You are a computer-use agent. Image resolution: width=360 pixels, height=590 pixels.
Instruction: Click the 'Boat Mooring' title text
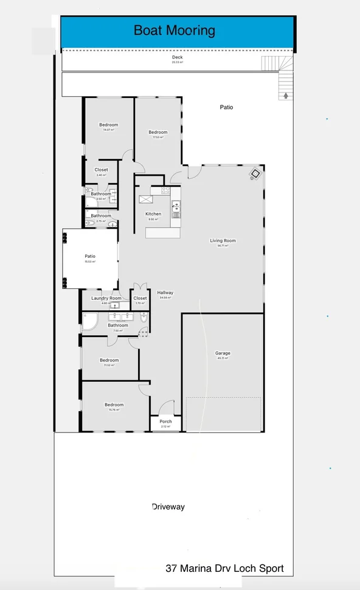(x=174, y=30)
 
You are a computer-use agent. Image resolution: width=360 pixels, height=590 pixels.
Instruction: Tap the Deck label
(x=177, y=58)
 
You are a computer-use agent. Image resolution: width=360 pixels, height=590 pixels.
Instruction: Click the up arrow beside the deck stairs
(x=285, y=95)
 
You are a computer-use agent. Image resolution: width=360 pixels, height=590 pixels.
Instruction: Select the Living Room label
(x=223, y=241)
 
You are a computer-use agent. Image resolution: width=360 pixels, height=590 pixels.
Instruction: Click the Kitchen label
(x=153, y=214)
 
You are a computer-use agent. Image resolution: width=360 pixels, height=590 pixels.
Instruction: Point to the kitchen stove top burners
(x=165, y=190)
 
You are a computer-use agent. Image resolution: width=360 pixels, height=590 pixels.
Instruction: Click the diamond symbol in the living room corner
(x=255, y=175)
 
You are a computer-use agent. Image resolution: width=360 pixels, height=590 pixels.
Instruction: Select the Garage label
(x=223, y=353)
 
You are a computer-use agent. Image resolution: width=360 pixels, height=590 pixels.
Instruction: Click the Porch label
(x=165, y=422)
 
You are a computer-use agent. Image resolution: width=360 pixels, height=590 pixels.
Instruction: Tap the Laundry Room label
(x=106, y=298)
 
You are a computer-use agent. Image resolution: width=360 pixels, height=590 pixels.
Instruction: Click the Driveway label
(x=168, y=507)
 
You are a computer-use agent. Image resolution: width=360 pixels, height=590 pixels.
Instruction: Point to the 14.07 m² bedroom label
(x=109, y=125)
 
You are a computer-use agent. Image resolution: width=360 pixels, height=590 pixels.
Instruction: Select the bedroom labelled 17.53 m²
(x=158, y=133)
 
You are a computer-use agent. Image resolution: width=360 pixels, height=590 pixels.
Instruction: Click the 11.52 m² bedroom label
(x=109, y=361)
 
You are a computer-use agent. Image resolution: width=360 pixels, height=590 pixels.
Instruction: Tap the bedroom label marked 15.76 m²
(x=114, y=405)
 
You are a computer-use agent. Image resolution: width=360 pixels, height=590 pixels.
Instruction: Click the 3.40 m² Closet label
(x=101, y=170)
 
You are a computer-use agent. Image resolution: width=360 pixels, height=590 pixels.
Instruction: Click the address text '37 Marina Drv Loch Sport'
(x=224, y=569)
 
